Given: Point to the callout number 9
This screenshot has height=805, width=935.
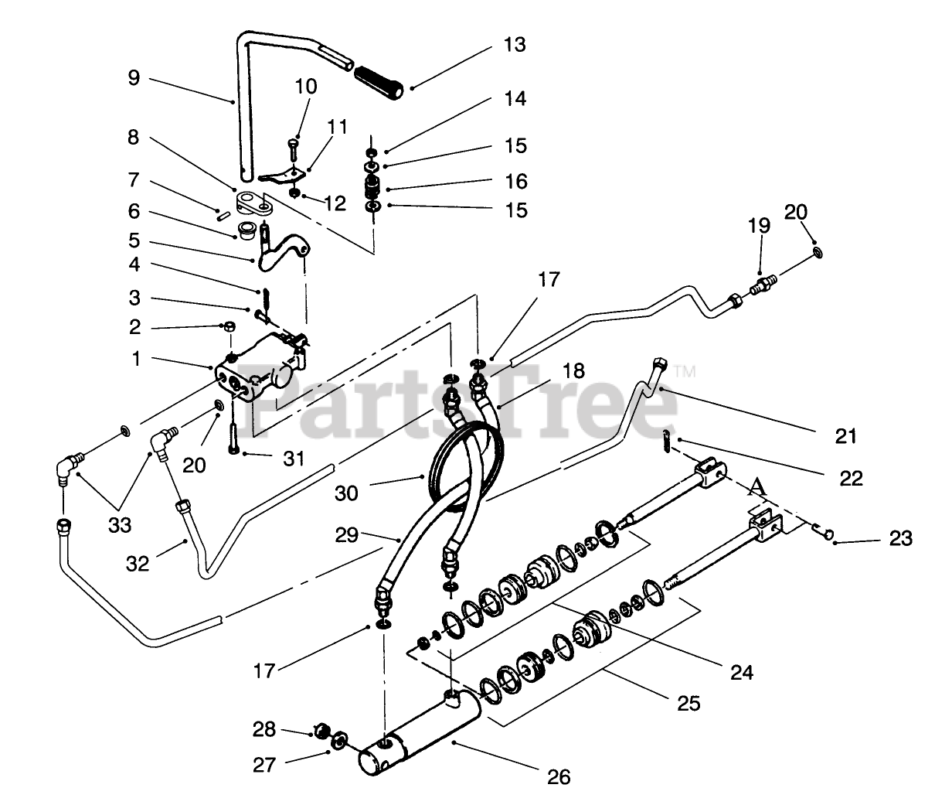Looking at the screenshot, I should click(134, 78).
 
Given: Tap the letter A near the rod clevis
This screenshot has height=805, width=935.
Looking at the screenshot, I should click(759, 487).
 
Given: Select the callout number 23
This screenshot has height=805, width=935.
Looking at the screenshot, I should click(900, 537).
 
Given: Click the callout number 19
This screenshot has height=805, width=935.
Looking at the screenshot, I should click(759, 226).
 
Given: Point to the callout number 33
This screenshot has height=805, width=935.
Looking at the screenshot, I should click(120, 525).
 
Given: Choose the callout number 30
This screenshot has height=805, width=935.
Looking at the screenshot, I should click(347, 492).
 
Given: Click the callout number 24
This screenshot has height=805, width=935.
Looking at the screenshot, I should click(740, 671).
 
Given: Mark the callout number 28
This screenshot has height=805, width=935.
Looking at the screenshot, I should click(263, 728).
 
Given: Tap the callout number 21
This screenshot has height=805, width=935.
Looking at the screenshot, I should click(846, 436).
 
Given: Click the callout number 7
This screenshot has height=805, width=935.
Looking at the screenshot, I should click(134, 181).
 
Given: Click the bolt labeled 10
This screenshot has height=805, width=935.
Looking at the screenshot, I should click(294, 148).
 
